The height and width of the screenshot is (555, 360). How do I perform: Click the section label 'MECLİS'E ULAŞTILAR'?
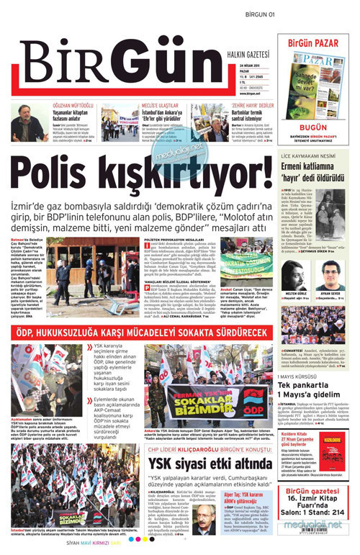[x=143, y=105]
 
